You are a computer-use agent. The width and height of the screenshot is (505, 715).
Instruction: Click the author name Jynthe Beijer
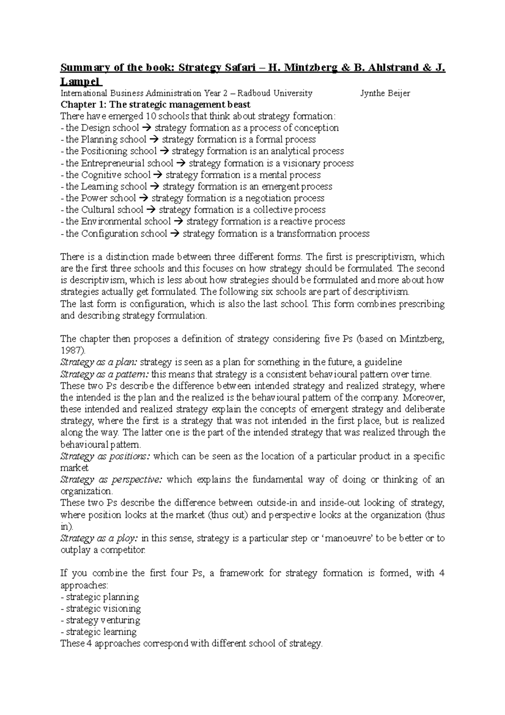coord(385,93)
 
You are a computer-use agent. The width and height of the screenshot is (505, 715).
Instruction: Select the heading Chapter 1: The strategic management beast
coord(155,104)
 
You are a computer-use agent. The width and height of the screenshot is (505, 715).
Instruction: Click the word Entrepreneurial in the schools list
coord(127,163)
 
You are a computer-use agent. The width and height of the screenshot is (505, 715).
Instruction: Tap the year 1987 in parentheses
coord(69,350)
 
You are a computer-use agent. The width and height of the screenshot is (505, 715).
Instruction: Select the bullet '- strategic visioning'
coord(101,608)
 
